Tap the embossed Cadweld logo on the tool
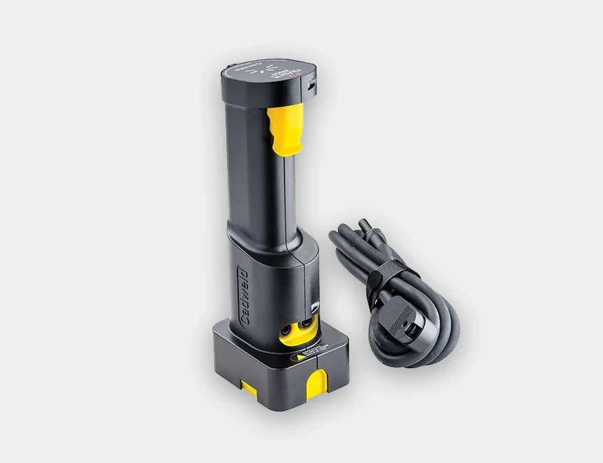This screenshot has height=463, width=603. (x=243, y=297)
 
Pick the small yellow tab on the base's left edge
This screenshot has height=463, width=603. (x=249, y=387)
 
